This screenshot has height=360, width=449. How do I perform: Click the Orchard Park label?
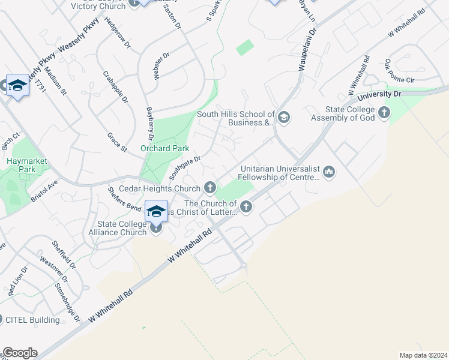pyautogui.click(x=164, y=148)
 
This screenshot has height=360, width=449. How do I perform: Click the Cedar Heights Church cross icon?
pyautogui.click(x=210, y=188)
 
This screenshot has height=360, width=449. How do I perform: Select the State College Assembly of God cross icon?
pyautogui.click(x=384, y=112)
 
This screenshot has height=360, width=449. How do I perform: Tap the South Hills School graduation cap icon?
pyautogui.click(x=284, y=117)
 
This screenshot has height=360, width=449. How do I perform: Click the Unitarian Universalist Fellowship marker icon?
pyautogui.click(x=328, y=173)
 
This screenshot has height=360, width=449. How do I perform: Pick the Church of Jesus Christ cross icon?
pyautogui.click(x=246, y=207)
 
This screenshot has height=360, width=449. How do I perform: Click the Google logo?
pyautogui.click(x=20, y=353)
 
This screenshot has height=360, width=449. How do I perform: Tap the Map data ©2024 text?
pyautogui.click(x=423, y=355)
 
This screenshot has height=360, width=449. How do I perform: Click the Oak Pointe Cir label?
pyautogui.click(x=400, y=72)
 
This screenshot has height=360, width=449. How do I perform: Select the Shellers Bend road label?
pyautogui.click(x=125, y=199)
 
